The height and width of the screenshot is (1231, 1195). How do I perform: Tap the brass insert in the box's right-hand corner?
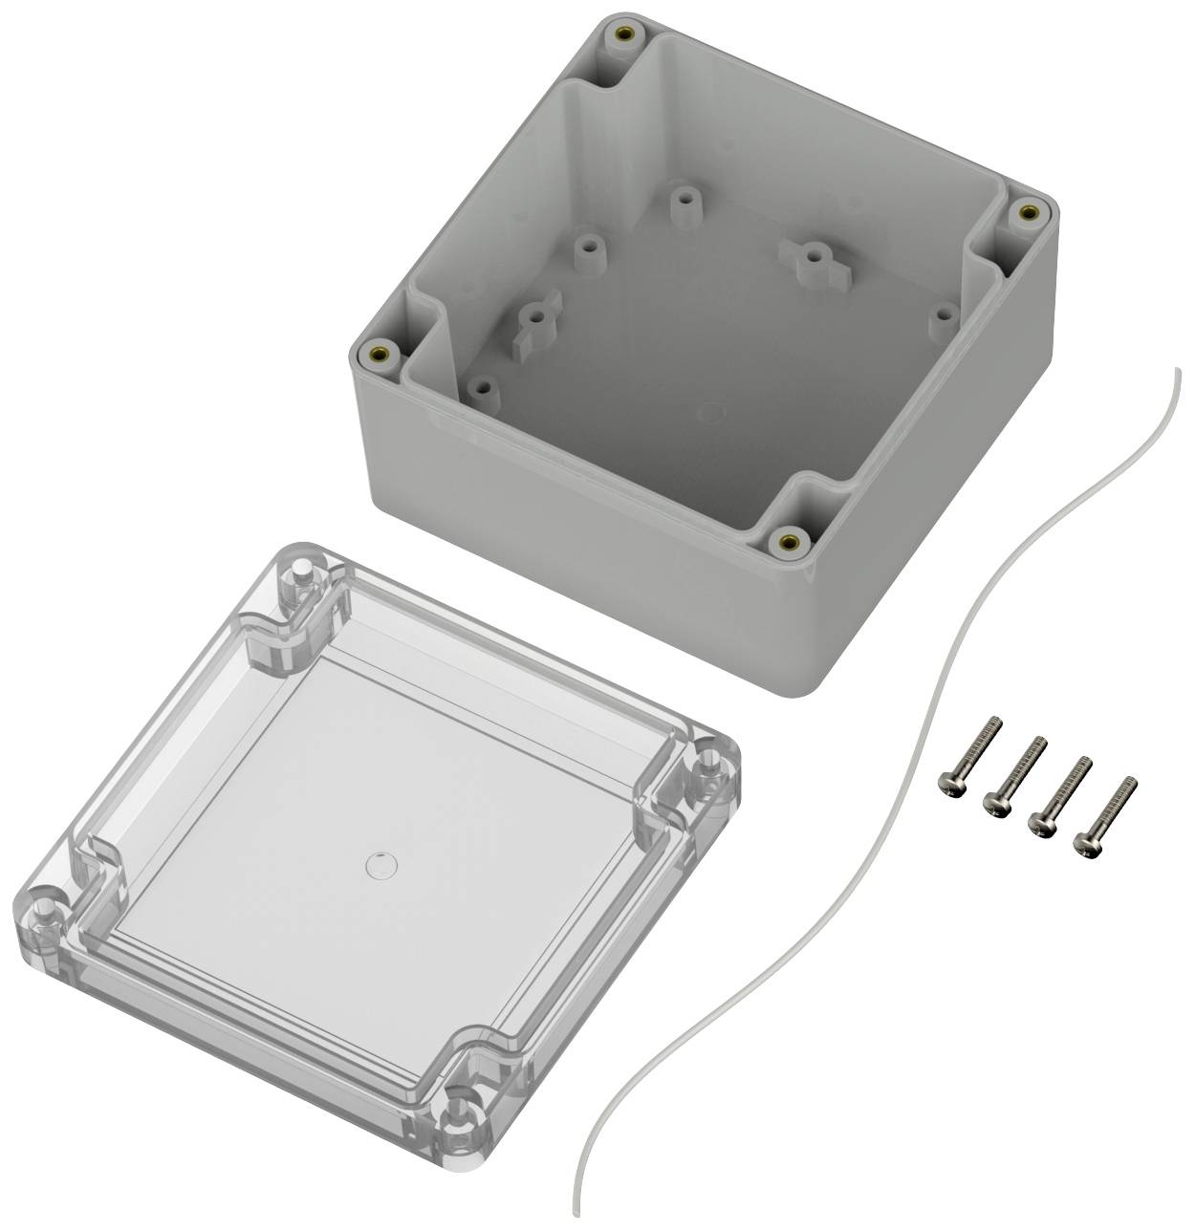(1029, 211)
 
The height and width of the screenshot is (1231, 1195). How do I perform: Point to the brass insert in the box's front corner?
(790, 542)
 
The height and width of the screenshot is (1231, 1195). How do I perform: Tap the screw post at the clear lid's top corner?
(300, 579)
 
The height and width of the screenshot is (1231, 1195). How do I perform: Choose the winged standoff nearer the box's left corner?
(527, 322)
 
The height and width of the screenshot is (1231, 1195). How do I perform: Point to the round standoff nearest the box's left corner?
(483, 389)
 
